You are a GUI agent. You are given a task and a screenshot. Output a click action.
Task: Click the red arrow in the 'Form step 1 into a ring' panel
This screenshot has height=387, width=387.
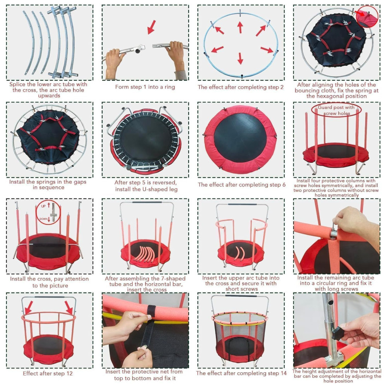point(152,27)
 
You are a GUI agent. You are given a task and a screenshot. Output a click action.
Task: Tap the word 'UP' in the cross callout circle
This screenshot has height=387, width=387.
point(43,206)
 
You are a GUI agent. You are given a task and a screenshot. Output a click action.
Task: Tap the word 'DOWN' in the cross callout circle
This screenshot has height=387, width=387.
point(43,219)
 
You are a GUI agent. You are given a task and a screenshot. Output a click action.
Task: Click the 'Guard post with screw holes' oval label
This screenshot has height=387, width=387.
point(336,110)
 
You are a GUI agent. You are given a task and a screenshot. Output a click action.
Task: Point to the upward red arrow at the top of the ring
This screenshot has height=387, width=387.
point(240,27)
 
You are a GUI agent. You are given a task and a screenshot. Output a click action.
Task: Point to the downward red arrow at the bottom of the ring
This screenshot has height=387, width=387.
point(240,58)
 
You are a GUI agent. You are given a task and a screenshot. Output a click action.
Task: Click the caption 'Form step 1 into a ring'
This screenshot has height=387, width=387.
point(145,87)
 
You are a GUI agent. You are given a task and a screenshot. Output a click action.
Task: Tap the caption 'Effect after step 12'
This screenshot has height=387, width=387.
point(48,373)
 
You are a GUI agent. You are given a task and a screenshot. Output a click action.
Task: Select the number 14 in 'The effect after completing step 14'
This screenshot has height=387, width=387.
point(283,373)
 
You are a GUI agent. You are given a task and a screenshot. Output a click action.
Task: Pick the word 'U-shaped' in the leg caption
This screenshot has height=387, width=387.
point(155,189)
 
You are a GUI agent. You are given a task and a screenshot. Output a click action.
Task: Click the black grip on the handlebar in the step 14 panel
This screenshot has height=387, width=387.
point(240,296)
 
